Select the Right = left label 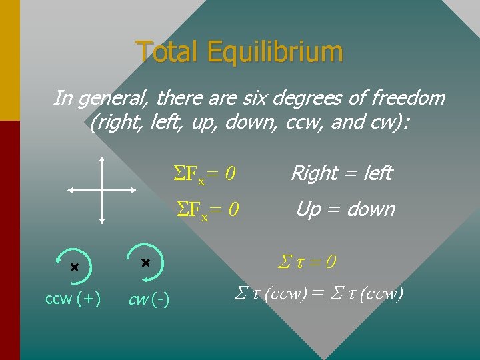point(341,174)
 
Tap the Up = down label point(345,209)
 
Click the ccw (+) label point(73,299)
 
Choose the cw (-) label point(149,301)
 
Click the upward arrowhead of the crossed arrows point(101,159)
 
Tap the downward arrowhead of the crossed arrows point(101,220)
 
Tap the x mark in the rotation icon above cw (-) point(145,263)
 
